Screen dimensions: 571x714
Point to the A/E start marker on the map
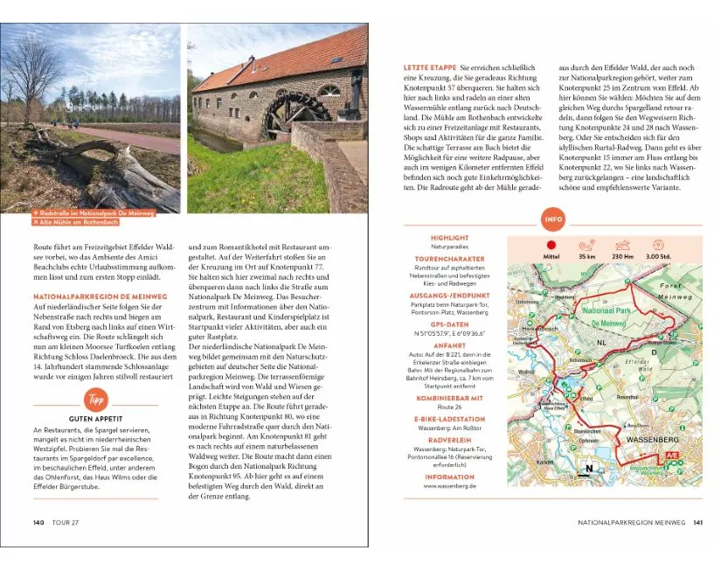(x=671, y=456)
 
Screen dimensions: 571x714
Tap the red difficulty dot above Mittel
(x=551, y=246)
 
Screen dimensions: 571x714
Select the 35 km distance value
(x=586, y=257)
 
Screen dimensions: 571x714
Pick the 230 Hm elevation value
(x=623, y=257)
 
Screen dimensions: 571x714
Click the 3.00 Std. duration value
(x=658, y=257)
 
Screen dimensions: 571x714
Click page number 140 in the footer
(x=38, y=522)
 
